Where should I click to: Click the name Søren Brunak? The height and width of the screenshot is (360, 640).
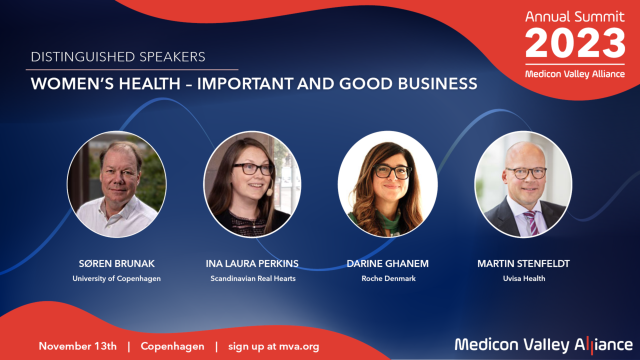116,263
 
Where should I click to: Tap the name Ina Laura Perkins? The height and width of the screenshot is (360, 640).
252,263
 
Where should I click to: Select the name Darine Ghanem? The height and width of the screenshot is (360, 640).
387,263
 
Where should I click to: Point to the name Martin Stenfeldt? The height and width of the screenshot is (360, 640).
523,263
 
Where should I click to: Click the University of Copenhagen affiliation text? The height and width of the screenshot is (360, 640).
116,278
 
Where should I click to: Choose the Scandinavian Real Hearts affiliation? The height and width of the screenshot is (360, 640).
252,278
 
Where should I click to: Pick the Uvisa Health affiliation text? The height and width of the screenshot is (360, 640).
523,278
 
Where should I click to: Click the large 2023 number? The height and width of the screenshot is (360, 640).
575,43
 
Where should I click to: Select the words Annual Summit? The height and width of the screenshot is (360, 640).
575,16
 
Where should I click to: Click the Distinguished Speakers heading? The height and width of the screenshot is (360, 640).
118,57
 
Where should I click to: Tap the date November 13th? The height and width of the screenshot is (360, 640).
78,346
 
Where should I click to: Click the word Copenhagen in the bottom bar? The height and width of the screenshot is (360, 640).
172,346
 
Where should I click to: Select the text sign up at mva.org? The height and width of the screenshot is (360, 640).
273,346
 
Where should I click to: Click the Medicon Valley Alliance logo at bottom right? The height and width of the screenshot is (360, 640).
543,344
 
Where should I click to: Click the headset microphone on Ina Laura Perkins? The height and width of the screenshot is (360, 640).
269,192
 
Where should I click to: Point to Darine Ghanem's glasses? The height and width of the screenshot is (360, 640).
392,172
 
